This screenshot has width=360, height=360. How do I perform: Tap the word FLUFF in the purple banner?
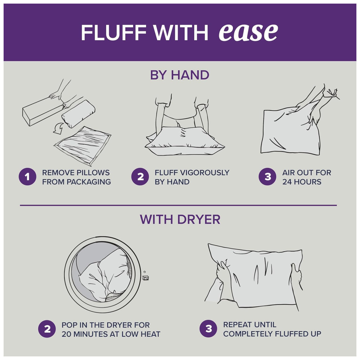(114, 32)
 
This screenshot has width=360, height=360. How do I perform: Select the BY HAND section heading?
(180, 75)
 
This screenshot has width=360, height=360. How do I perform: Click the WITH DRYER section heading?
(180, 219)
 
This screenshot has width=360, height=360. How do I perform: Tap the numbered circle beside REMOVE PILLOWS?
(27, 176)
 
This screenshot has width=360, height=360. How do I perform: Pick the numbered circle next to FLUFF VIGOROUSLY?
(140, 176)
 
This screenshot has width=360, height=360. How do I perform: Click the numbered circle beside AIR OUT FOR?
(267, 176)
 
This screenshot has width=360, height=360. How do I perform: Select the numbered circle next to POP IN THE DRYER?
(47, 329)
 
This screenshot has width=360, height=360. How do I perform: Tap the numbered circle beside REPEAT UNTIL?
(208, 329)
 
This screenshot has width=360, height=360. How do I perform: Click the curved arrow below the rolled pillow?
(59, 129)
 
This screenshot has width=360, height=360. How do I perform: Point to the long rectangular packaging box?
(42, 111)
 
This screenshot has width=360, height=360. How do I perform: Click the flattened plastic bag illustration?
(83, 145)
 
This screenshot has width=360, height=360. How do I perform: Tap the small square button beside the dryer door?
(145, 278)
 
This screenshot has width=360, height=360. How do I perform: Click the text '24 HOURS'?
(302, 182)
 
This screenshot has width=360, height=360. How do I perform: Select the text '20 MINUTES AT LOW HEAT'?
(111, 334)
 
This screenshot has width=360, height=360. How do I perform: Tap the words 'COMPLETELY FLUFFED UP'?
(272, 334)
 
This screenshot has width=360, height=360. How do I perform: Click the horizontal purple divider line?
(179, 205)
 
